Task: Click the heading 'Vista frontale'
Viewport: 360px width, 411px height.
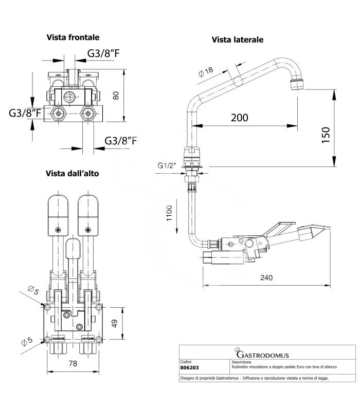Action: pos(73,38)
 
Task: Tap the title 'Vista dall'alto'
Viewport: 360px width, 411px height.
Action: pos(72,174)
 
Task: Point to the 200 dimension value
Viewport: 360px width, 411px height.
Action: pos(239,118)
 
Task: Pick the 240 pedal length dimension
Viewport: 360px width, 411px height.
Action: pos(266,277)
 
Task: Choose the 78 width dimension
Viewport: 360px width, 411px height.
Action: pos(73,364)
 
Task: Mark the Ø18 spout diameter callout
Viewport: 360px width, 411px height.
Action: pos(208,72)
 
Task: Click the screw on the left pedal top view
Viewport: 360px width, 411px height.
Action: pos(59,229)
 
